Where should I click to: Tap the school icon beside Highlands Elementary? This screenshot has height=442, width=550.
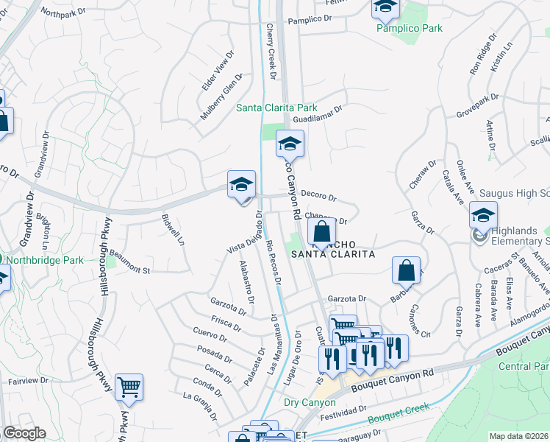point(483,215)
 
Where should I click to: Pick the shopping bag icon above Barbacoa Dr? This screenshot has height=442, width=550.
point(405,270)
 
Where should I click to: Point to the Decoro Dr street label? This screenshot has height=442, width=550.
point(318,197)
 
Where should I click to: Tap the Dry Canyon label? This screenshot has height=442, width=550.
point(309,403)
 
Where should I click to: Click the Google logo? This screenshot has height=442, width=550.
point(24,432)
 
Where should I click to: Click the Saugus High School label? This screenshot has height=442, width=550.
point(514,193)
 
